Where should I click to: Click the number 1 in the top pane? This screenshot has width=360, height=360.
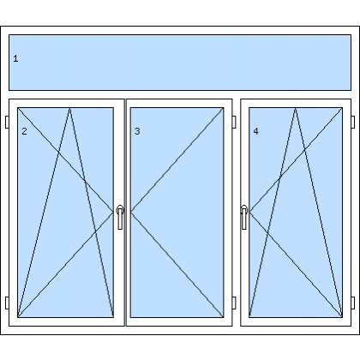(x=15, y=58)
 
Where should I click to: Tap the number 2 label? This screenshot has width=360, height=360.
(x=24, y=131)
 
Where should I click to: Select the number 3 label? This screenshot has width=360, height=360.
(x=137, y=131)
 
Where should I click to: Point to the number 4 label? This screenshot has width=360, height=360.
(x=255, y=131)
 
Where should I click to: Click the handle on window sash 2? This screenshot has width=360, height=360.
(x=120, y=217)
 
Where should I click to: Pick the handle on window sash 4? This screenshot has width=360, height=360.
(x=244, y=217)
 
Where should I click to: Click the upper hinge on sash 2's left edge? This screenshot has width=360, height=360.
(x=7, y=122)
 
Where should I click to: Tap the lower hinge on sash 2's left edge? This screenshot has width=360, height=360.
(x=7, y=303)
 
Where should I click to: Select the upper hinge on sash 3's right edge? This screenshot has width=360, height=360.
(x=234, y=122)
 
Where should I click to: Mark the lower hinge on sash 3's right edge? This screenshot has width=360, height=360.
(x=234, y=303)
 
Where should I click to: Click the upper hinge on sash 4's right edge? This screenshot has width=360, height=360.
(x=353, y=122)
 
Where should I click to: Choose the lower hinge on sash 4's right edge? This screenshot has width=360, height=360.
(x=353, y=303)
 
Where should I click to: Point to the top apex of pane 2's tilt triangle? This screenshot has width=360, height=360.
(x=69, y=108)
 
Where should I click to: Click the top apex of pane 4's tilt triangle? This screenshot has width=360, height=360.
(x=296, y=108)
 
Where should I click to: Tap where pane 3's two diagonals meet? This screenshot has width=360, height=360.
(x=131, y=212)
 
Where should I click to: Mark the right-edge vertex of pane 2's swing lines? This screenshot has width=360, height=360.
(x=113, y=212)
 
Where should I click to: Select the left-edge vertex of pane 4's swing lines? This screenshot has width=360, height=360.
(x=249, y=212)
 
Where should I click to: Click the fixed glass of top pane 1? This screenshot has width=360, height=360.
(x=180, y=63)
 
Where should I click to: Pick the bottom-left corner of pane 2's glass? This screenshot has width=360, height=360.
(x=18, y=317)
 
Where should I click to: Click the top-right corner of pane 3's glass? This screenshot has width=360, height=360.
(x=224, y=108)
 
